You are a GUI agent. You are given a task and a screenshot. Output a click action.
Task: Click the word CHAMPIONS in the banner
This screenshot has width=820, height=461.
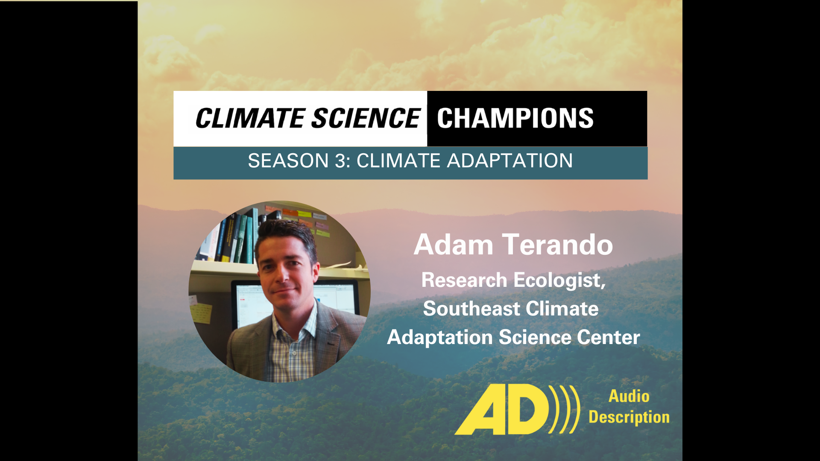coord(515,118)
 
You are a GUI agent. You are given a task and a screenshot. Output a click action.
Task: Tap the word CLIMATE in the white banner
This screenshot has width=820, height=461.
coord(250,118)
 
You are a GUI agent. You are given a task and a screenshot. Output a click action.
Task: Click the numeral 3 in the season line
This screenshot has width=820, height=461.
coord(340,161)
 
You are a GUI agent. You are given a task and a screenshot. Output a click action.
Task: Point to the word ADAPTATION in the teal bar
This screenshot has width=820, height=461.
coord(510,161)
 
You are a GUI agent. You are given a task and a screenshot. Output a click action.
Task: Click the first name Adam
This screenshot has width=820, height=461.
coord(454,245)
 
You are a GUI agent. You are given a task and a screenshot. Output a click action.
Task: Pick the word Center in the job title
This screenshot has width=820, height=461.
coord(608,337)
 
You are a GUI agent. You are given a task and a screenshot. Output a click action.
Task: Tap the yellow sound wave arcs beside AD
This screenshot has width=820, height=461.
coord(565,409)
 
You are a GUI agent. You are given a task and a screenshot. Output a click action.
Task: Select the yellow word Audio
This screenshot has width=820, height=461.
coord(629,396)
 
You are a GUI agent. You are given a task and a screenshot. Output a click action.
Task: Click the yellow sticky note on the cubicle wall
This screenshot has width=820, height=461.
coord(201,313)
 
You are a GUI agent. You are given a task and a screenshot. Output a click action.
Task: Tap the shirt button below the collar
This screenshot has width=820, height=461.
coord(293,353)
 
